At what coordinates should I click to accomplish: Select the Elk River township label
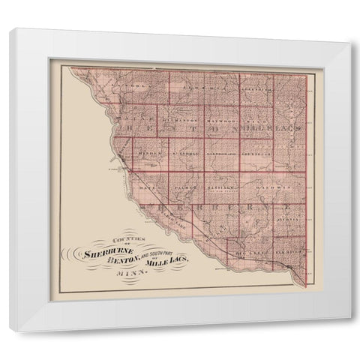click(288, 253)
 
